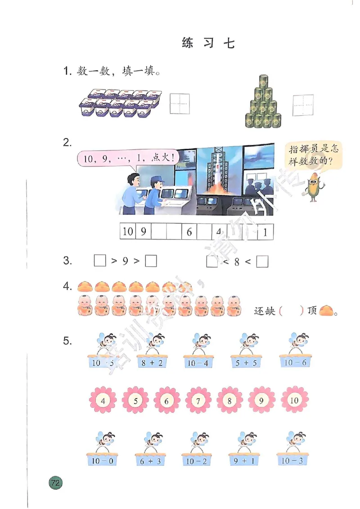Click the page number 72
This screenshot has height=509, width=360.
tap(55, 483)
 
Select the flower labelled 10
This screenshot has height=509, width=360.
tap(294, 400)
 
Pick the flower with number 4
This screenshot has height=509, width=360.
tap(103, 400)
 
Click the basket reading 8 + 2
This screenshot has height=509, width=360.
tap(152, 362)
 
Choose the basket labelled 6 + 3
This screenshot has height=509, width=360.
tap(150, 461)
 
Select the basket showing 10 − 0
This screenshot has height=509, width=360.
tap(102, 461)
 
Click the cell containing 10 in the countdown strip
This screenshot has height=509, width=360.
tap(127, 232)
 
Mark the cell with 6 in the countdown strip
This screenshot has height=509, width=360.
tap(189, 232)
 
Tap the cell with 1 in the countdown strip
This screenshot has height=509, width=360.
tap(265, 232)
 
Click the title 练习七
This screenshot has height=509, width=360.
tap(208, 43)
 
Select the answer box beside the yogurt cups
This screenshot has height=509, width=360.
tap(180, 104)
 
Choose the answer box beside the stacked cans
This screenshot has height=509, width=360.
tap(303, 105)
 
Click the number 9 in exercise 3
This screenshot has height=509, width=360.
tap(126, 261)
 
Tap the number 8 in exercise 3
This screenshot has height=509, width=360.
tap(237, 262)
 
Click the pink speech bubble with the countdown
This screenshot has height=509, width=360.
tap(126, 158)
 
